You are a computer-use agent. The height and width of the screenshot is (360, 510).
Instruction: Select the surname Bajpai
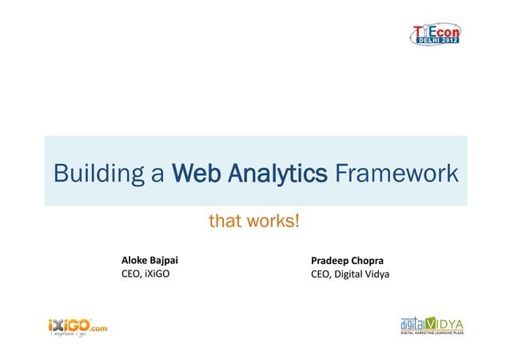pos(165,261)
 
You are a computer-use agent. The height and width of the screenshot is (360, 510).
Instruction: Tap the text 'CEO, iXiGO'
pos(145,277)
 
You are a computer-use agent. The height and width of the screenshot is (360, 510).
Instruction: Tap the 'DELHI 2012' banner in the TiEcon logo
pos(436,40)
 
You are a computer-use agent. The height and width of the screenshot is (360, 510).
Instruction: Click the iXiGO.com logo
pos(77,326)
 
